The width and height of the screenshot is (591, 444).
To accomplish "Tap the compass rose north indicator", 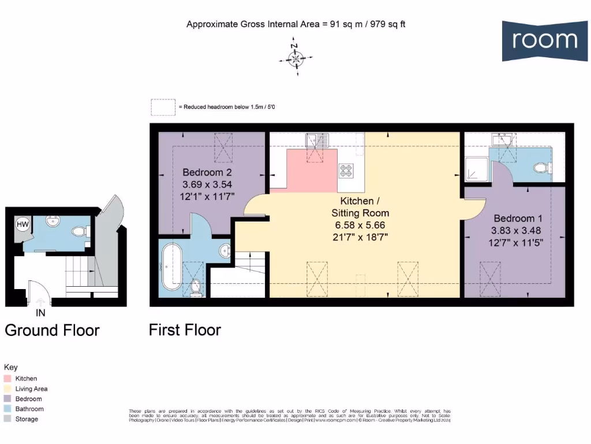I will (295, 58).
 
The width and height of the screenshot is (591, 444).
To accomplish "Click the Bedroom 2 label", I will (207, 172).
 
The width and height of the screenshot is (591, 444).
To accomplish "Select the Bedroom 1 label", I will (518, 219).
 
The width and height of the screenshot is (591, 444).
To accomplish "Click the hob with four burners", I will (346, 171).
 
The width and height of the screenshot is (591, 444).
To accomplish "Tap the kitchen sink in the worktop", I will (317, 140).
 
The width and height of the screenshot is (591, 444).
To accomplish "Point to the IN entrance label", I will (40, 313).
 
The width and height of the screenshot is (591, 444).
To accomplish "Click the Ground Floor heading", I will (52, 330).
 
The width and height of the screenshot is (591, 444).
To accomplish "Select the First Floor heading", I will (185, 330).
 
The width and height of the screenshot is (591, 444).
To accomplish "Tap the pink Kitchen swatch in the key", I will (8, 379).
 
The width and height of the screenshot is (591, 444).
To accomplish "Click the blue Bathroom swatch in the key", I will (8, 409).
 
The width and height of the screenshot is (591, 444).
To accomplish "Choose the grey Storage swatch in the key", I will (8, 419).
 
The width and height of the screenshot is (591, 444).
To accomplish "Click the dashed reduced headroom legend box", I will (163, 108).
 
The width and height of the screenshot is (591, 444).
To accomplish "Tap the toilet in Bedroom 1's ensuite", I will (542, 168).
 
